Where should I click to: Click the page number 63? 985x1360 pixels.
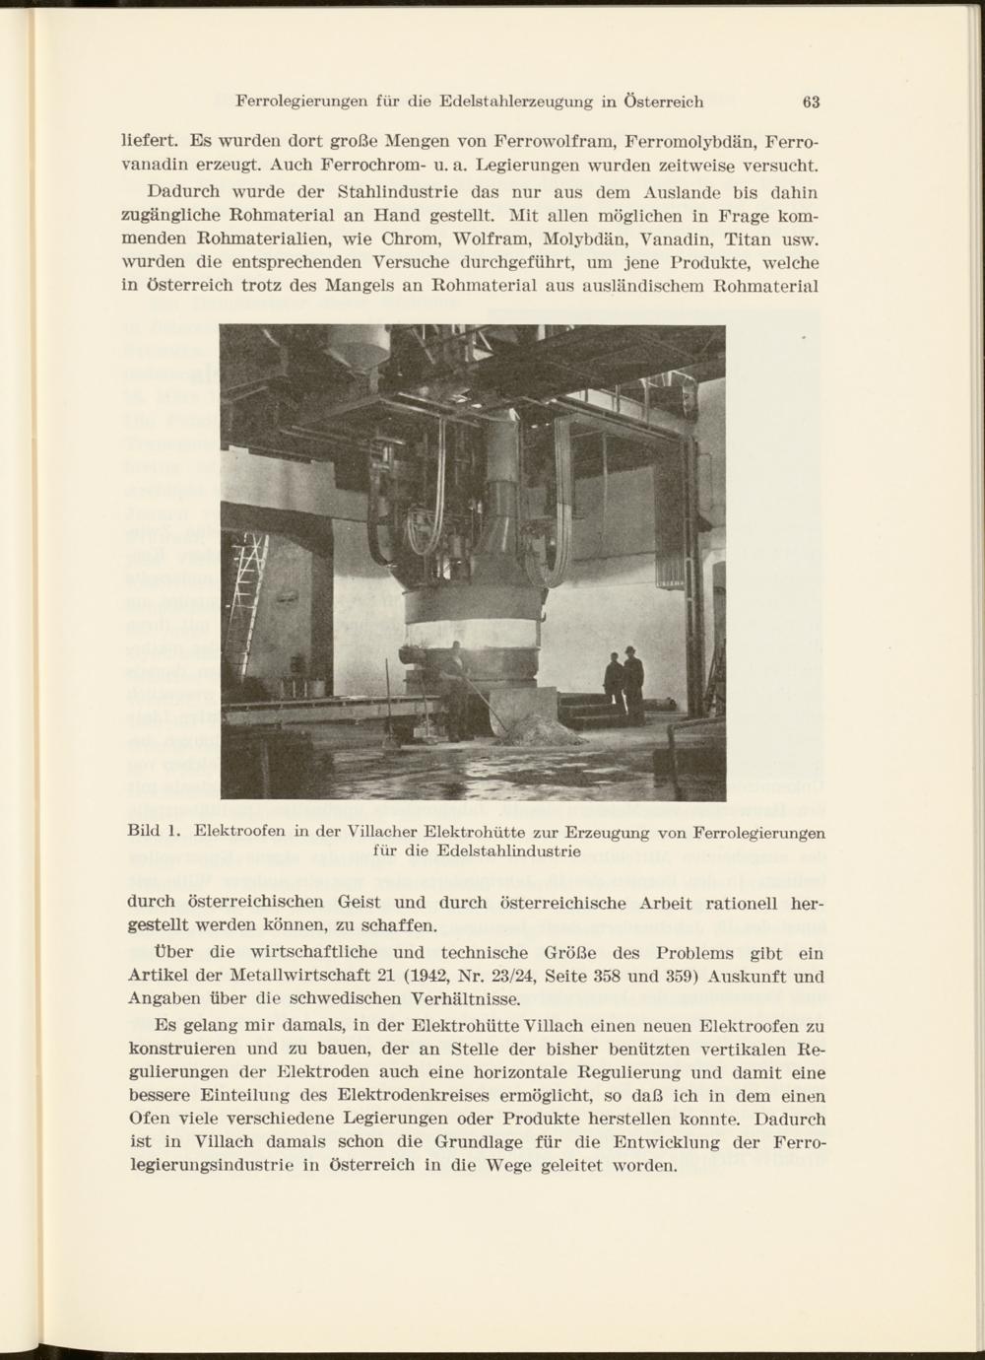[812, 102]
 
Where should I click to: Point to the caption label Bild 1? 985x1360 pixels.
[153, 830]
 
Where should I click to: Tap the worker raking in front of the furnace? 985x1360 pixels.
[455, 690]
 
